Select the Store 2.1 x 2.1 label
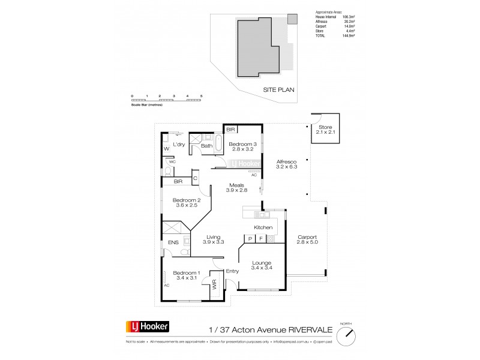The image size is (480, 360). click(x=325, y=130)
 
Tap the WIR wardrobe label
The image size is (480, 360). click(x=214, y=286)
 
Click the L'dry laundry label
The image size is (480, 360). click(x=179, y=145)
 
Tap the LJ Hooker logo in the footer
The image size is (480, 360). click(x=146, y=327)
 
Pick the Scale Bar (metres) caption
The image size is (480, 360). click(x=147, y=105)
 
